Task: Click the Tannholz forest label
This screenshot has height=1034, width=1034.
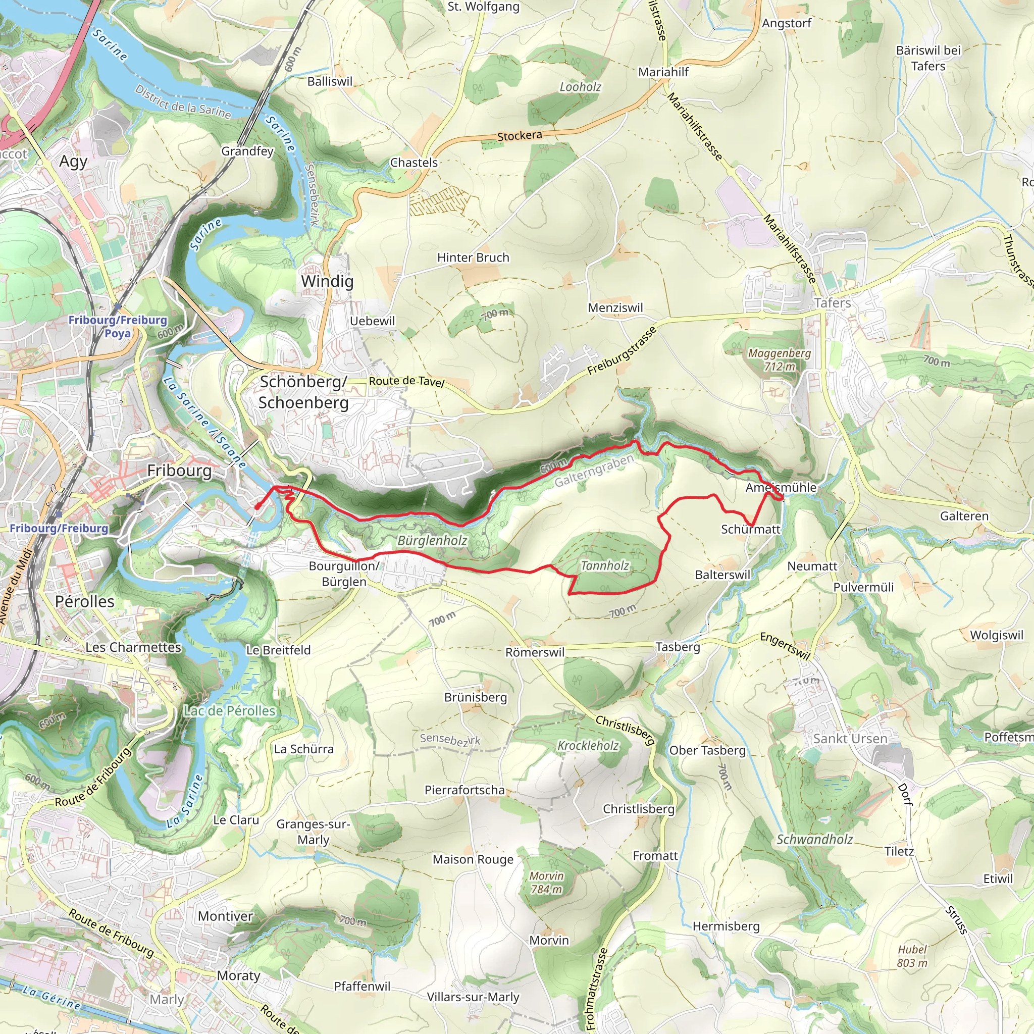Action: [x=605, y=565]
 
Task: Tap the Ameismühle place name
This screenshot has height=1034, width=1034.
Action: [x=781, y=488]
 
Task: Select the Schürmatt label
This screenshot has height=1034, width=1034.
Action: [x=750, y=529]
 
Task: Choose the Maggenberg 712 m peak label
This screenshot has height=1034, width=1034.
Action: [x=779, y=359]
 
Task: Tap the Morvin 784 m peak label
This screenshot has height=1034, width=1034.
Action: [x=546, y=883]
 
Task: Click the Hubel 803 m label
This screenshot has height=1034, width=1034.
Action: [x=912, y=956]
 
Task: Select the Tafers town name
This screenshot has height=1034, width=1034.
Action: [x=832, y=303]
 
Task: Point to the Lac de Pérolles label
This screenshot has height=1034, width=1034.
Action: [x=230, y=711]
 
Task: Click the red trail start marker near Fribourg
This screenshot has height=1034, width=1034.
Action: [x=257, y=506]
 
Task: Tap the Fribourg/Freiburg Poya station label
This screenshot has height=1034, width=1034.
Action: [x=118, y=326]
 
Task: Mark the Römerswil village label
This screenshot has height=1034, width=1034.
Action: [x=535, y=652]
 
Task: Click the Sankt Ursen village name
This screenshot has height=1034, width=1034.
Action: [x=850, y=739]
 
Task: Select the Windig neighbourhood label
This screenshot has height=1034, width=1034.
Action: [x=327, y=281]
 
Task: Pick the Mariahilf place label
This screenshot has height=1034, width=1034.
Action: [x=663, y=72]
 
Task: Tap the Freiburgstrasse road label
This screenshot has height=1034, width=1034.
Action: [x=622, y=351]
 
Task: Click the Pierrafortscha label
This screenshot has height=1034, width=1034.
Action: [x=464, y=790]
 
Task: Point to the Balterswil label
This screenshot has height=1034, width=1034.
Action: [x=722, y=575]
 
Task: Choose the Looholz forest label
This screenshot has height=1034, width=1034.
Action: [x=580, y=87]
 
